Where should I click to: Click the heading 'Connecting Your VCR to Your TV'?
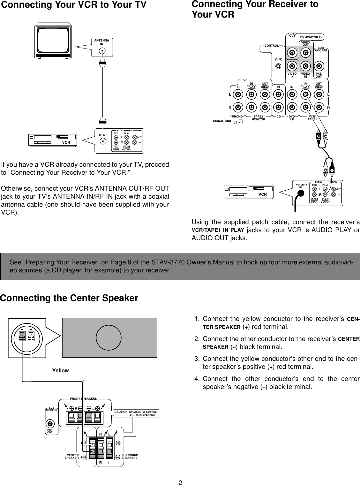pyautogui.click(x=74, y=5)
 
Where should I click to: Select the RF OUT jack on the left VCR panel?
pyautogui.click(x=102, y=135)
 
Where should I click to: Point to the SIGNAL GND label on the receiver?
pyautogui.click(x=222, y=121)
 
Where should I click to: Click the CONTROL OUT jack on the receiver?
pyautogui.click(x=279, y=66)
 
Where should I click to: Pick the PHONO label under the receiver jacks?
pyautogui.click(x=237, y=117)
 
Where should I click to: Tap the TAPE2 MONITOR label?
pyautogui.click(x=258, y=118)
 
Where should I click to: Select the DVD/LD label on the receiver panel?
pyautogui.click(x=292, y=118)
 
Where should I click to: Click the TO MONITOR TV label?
pyautogui.click(x=311, y=37)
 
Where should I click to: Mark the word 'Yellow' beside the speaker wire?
pyautogui.click(x=61, y=370)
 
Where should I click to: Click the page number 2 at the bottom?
pyautogui.click(x=180, y=482)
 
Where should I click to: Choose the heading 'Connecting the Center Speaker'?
pyautogui.click(x=69, y=298)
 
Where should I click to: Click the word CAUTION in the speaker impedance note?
pyautogui.click(x=121, y=412)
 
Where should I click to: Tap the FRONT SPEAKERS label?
pyautogui.click(x=83, y=399)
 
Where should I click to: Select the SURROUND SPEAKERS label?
pyautogui.click(x=130, y=456)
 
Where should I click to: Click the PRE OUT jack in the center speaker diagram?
pyautogui.click(x=50, y=424)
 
